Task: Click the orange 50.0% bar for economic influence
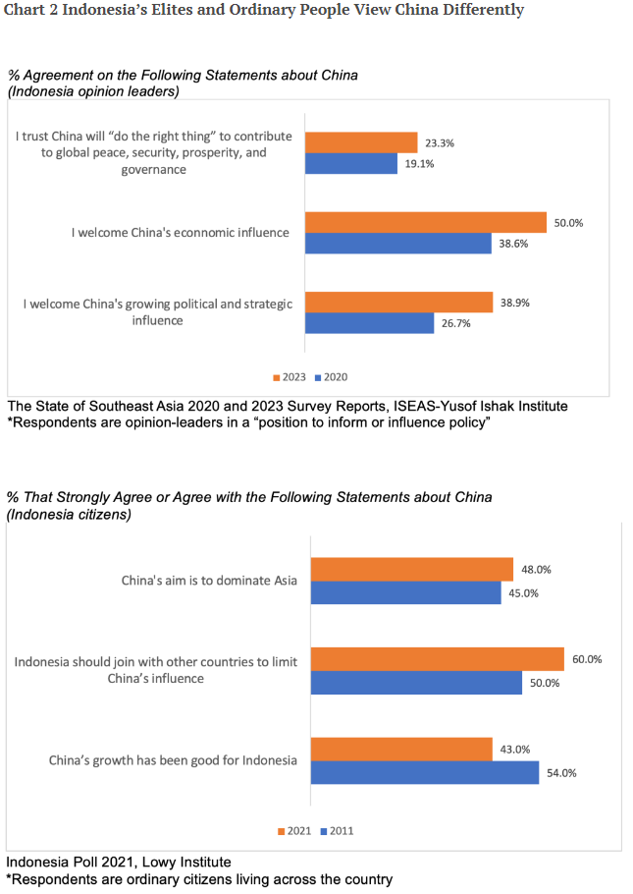click(x=425, y=222)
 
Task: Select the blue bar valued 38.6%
click(x=397, y=243)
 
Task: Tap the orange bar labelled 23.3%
click(x=360, y=142)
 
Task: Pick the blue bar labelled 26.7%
click(x=369, y=322)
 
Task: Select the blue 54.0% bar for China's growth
click(x=425, y=772)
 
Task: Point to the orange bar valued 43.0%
click(x=401, y=750)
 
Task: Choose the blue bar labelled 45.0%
click(x=408, y=592)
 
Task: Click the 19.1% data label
click(x=420, y=164)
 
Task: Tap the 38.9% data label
click(x=514, y=303)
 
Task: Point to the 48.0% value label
click(x=536, y=569)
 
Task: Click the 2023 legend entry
click(x=290, y=377)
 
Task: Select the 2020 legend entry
click(x=331, y=377)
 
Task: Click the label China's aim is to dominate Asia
click(x=210, y=581)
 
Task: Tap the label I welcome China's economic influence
click(x=181, y=233)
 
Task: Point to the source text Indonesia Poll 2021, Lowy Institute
click(x=105, y=863)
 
